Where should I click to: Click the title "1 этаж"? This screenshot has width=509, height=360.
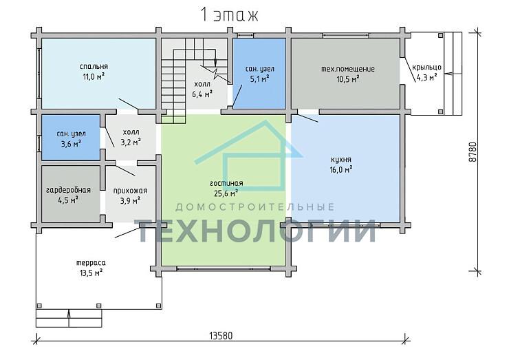coord(230,15)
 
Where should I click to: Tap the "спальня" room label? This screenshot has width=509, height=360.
coord(94,67)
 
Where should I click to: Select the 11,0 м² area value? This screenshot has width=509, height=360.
coord(94,76)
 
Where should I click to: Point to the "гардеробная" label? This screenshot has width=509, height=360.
coord(69,190)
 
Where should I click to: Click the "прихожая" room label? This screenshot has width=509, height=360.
coord(130,191)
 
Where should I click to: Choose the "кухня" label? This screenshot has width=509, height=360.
coord(341,160)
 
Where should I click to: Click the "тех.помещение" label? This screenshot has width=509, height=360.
coord(347,70)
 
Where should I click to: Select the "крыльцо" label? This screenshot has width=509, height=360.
coord(426,67)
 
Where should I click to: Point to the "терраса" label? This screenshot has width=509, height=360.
coord(91,262)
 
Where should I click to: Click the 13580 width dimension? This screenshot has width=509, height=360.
coord(221,336)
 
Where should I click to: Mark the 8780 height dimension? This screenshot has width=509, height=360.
coord(473,151)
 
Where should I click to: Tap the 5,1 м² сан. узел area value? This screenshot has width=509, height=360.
coord(260,79)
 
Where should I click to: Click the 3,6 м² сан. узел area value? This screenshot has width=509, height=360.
coord(71,144)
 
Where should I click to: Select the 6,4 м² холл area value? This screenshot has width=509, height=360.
coord(202,94)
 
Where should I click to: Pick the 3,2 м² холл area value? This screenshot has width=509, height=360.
coord(131,142)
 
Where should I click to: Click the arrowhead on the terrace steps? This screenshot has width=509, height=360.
coord(69,313)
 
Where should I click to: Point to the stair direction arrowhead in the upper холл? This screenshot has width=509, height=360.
coord(215,62)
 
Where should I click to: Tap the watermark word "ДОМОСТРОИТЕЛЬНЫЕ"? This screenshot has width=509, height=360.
coord(254,207)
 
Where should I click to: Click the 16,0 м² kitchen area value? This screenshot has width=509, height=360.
coord(341,169)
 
